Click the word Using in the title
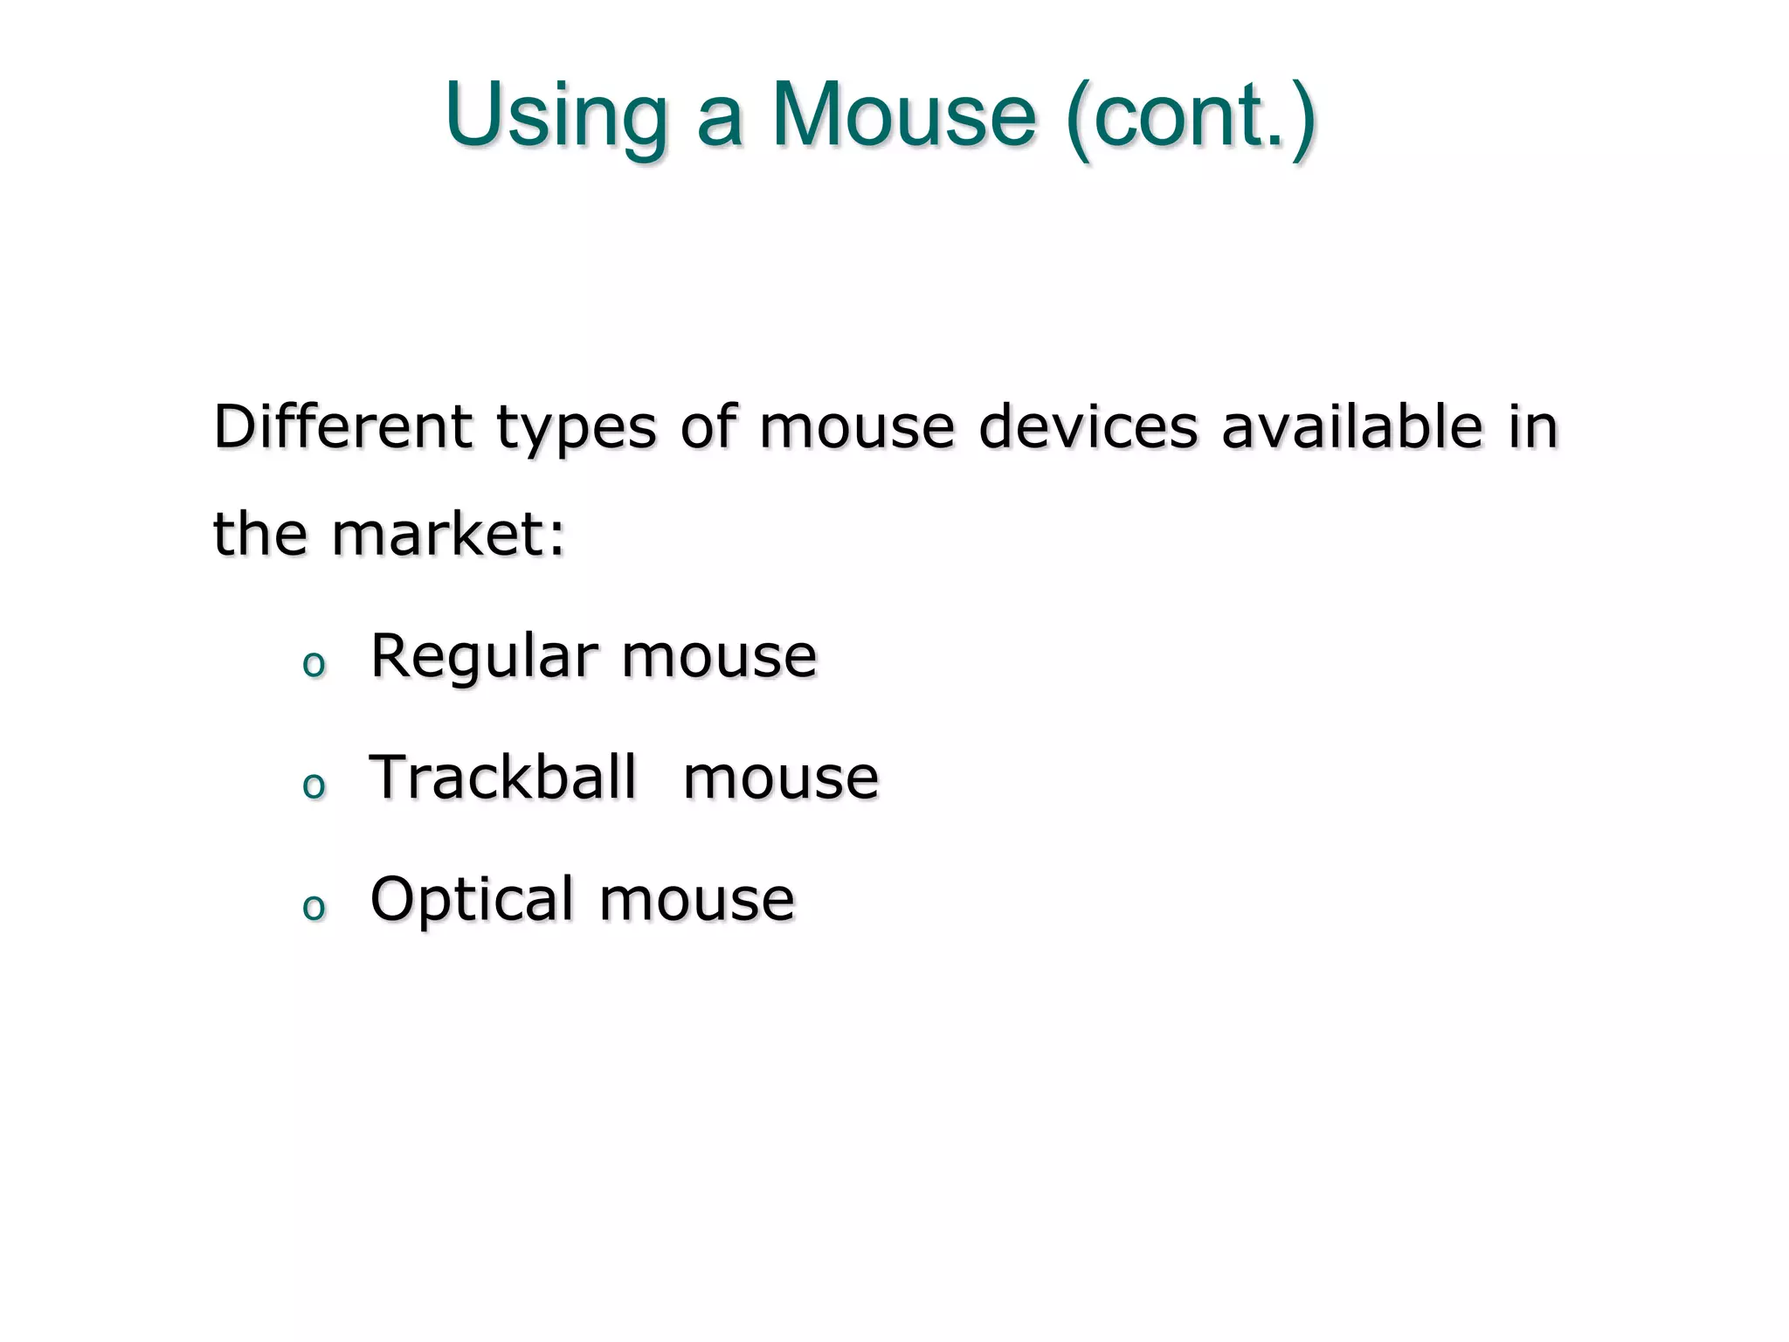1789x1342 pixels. tap(556, 117)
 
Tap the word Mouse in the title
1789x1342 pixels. tap(903, 115)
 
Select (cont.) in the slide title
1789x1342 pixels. tap(1191, 117)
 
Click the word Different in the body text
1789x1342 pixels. tap(342, 427)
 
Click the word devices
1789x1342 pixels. tap(1088, 427)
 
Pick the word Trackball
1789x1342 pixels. tap(503, 777)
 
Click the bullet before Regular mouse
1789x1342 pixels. tap(313, 665)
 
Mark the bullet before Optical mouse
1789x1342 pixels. tap(313, 908)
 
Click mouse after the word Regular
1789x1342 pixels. tap(719, 657)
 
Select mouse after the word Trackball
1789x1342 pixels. tap(780, 778)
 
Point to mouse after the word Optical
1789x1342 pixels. tap(697, 900)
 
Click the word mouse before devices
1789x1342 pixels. tap(857, 427)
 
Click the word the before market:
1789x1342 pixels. tap(260, 534)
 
